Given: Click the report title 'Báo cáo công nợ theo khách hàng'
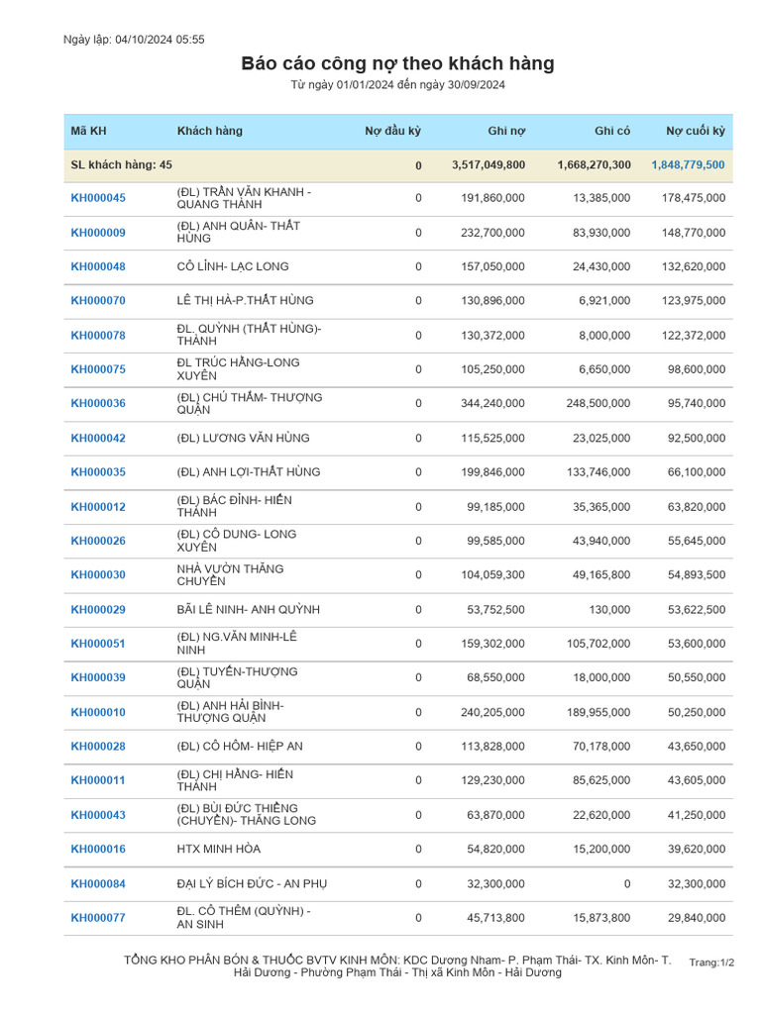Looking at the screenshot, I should [397, 64].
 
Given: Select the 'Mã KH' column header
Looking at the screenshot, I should [88, 131].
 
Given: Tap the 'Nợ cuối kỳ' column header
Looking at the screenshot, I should [695, 131].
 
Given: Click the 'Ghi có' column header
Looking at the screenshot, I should [611, 131].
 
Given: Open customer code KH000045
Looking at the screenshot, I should [98, 198].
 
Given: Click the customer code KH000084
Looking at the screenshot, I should [98, 883].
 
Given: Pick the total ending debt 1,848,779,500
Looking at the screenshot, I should [688, 165].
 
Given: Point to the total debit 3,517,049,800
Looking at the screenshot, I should [488, 165].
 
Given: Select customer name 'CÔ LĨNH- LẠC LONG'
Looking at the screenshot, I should [236, 266].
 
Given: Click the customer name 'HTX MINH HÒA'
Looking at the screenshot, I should [219, 850].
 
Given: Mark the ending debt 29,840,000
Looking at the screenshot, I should [693, 918].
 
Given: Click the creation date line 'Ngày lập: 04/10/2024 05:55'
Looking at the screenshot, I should [134, 40].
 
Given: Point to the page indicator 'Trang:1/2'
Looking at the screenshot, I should [711, 963].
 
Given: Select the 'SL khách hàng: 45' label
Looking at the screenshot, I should [122, 165].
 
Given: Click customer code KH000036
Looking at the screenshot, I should [98, 404].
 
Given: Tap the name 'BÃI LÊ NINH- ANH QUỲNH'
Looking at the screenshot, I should [248, 609].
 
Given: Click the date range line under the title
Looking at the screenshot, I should [397, 85].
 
